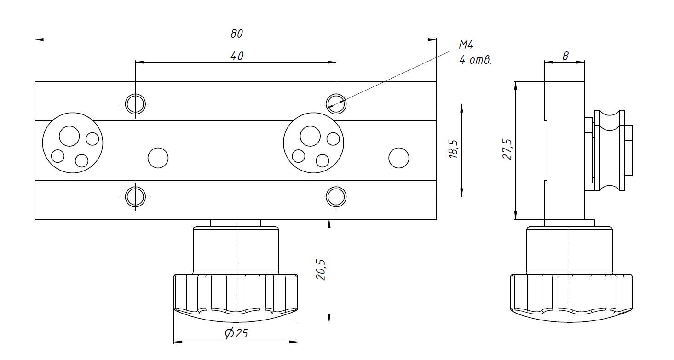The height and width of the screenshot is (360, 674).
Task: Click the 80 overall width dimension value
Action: tap(236, 33)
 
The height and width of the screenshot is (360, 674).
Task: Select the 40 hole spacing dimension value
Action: tap(236, 56)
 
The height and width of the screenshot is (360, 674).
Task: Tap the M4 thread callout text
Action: tap(466, 45)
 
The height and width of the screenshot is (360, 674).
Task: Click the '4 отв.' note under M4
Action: tap(475, 60)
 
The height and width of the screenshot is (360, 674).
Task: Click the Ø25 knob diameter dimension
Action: tap(236, 333)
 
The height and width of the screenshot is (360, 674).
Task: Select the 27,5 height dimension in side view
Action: tap(507, 149)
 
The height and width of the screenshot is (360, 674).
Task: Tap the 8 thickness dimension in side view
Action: tap(565, 56)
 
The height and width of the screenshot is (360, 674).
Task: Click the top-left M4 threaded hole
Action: tap(136, 104)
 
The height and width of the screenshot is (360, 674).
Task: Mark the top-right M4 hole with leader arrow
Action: tap(336, 104)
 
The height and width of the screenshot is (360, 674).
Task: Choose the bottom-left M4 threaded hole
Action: tap(136, 197)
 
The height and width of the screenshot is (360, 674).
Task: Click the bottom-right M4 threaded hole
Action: tap(336, 197)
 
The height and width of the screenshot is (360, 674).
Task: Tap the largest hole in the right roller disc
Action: tap(310, 136)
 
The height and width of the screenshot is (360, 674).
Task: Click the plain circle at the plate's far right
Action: tap(398, 158)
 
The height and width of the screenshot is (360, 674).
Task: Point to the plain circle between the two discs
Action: tap(158, 158)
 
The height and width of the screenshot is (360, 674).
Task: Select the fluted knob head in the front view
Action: tap(236, 297)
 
